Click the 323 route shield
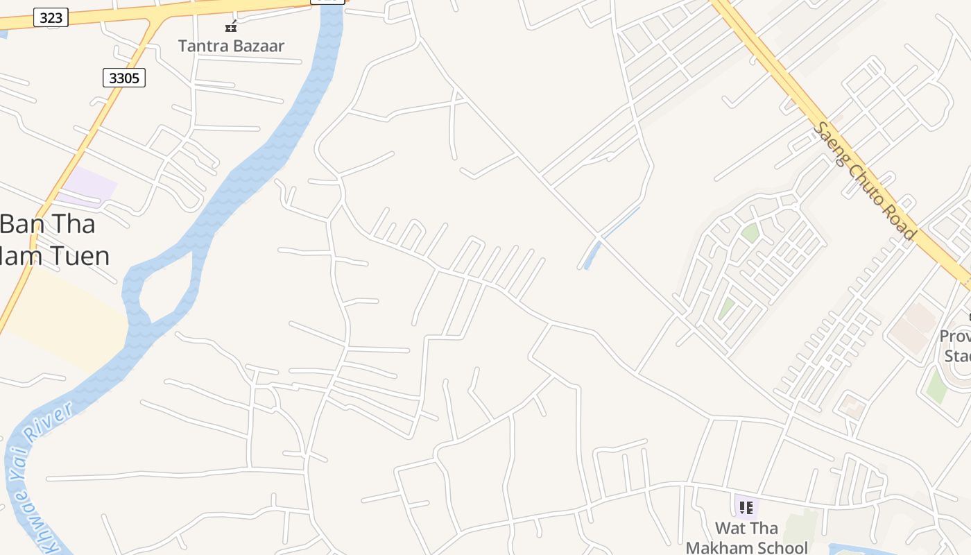51,17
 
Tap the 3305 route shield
124,78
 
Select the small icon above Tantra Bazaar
231,27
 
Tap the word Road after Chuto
901,221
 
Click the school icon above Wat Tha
746,508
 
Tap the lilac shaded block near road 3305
88,185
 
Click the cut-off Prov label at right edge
955,336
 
